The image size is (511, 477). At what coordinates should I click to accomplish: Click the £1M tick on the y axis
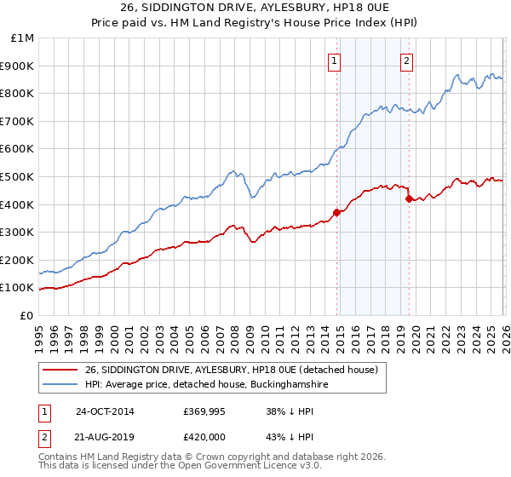23,38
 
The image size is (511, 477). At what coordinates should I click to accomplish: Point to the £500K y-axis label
20,176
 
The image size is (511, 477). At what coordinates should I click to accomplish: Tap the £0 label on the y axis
27,315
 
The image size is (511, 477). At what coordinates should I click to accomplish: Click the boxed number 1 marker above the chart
335,60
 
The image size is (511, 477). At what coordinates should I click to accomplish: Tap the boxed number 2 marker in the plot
407,60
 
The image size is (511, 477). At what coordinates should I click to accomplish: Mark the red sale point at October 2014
336,213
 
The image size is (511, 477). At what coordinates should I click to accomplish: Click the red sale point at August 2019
409,198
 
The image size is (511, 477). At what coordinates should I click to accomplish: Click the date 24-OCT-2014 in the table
105,411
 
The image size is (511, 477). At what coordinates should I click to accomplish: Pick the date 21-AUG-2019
105,437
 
